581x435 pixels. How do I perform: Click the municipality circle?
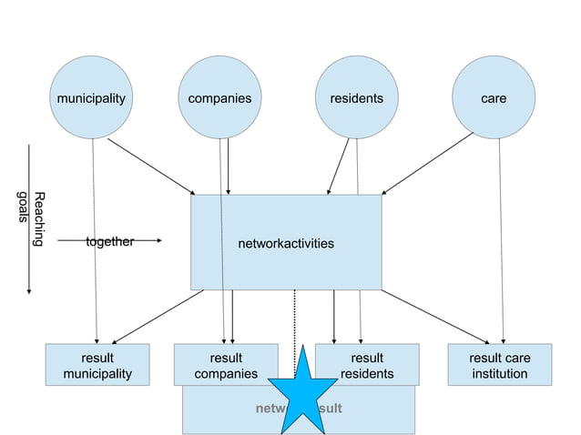click(90, 97)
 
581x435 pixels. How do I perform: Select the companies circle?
click(219, 97)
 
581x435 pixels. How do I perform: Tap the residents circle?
click(356, 97)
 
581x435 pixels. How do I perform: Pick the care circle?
click(494, 97)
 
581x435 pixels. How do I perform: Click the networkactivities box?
click(286, 243)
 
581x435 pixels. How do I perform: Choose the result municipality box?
click(97, 365)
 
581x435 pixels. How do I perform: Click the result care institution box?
click(499, 365)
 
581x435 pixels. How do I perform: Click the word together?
click(109, 241)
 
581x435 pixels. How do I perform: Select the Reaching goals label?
click(31, 219)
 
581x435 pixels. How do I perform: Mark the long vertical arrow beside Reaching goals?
click(29, 218)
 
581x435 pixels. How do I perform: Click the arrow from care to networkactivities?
click(428, 164)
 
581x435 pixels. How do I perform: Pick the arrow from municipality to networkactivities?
click(150, 166)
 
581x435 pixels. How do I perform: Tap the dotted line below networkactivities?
click(294, 319)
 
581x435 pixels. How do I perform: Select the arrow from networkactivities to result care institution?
click(435, 318)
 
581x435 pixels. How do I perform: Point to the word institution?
click(499, 373)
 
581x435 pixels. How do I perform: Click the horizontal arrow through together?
click(146, 241)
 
